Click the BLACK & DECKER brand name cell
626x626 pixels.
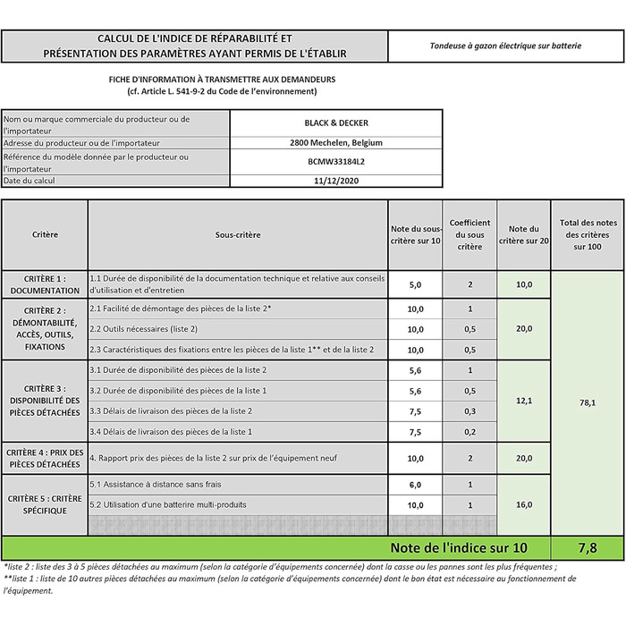coord(335,123)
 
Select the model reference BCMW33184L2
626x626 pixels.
coord(335,161)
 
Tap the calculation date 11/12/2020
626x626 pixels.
coord(335,180)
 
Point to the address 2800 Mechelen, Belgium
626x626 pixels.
coord(335,142)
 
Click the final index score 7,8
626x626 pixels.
coord(588,546)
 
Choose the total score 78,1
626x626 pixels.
coord(588,402)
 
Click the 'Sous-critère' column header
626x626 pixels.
coord(238,234)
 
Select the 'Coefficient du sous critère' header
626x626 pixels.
coord(469,234)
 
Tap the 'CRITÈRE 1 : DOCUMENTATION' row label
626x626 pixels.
coord(45,284)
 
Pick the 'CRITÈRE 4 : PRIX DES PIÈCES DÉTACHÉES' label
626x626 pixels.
coord(45,458)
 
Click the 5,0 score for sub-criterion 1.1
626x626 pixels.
coord(415,284)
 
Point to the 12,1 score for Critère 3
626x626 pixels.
coord(524,401)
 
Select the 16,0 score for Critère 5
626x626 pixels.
coord(524,504)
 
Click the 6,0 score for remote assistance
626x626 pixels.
coord(415,484)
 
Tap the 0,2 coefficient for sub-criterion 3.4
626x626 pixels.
coord(469,431)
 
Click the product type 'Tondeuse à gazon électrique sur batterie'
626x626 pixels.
coord(505,46)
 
